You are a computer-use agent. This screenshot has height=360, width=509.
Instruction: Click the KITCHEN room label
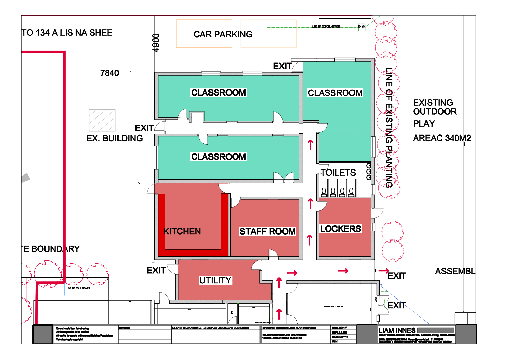(182, 231)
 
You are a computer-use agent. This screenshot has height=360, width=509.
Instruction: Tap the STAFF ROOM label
(267, 231)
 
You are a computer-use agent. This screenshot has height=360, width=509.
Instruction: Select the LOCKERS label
(341, 229)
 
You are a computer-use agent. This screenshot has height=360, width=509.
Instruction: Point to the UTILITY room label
(215, 280)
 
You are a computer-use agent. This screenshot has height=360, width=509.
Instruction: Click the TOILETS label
(338, 173)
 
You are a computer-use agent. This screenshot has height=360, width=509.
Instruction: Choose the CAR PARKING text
(223, 34)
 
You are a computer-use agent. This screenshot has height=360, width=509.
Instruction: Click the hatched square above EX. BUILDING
(102, 120)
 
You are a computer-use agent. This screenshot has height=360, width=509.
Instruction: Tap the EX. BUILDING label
(114, 138)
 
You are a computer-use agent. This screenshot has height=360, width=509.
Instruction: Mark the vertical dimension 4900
(156, 43)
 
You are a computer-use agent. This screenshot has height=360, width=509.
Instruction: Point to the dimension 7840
(109, 73)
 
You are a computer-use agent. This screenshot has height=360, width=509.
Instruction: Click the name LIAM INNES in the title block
(397, 330)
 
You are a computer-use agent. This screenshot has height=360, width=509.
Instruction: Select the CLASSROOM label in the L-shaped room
(335, 93)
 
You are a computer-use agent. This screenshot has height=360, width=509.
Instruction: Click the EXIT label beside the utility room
(156, 270)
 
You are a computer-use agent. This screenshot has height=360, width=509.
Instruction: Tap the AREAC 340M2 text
(441, 138)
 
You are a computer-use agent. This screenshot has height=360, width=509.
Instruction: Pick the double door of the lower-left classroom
(284, 177)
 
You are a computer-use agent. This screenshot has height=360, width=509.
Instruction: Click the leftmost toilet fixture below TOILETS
(324, 192)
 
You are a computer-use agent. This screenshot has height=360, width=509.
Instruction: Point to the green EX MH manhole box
(362, 27)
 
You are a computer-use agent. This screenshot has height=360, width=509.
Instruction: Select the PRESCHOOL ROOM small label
(333, 306)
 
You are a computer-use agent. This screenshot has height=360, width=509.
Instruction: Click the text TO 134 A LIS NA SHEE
(67, 33)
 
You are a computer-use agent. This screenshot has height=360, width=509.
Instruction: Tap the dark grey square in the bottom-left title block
(42, 335)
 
